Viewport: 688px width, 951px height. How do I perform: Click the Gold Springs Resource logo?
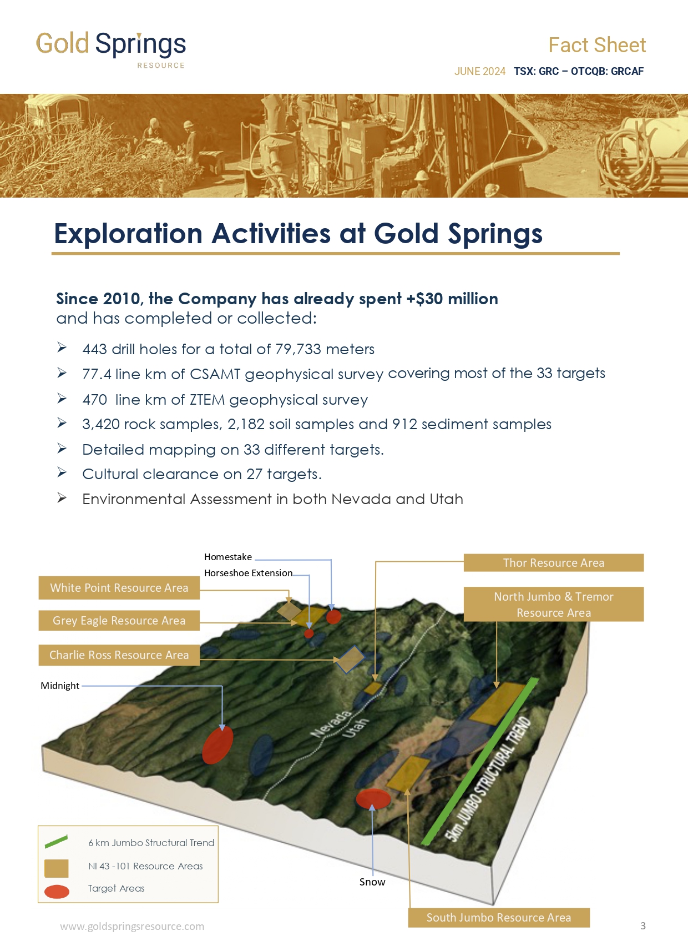(111, 49)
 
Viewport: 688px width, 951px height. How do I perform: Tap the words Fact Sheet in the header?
(597, 45)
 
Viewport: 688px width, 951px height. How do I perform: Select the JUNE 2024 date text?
(479, 71)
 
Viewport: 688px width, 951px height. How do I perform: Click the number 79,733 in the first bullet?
(298, 349)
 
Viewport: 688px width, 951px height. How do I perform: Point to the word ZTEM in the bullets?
(207, 400)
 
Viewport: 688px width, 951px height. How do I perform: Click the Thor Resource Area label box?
(554, 562)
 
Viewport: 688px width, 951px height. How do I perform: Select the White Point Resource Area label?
(119, 587)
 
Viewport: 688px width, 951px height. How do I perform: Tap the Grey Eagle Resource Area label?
(119, 620)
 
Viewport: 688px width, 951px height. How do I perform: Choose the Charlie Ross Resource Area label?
(119, 655)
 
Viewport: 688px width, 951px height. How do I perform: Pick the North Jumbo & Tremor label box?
(554, 604)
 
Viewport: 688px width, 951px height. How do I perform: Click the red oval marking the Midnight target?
(217, 744)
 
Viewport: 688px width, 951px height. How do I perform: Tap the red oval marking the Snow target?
(373, 798)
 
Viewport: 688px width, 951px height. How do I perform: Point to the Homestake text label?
(228, 557)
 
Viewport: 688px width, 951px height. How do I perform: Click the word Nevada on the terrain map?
(331, 724)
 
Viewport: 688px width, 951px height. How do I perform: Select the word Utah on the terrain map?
(355, 728)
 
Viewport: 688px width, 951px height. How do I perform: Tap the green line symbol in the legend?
(56, 842)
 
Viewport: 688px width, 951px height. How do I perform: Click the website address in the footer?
(132, 926)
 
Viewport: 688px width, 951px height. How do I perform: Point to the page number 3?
(643, 925)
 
